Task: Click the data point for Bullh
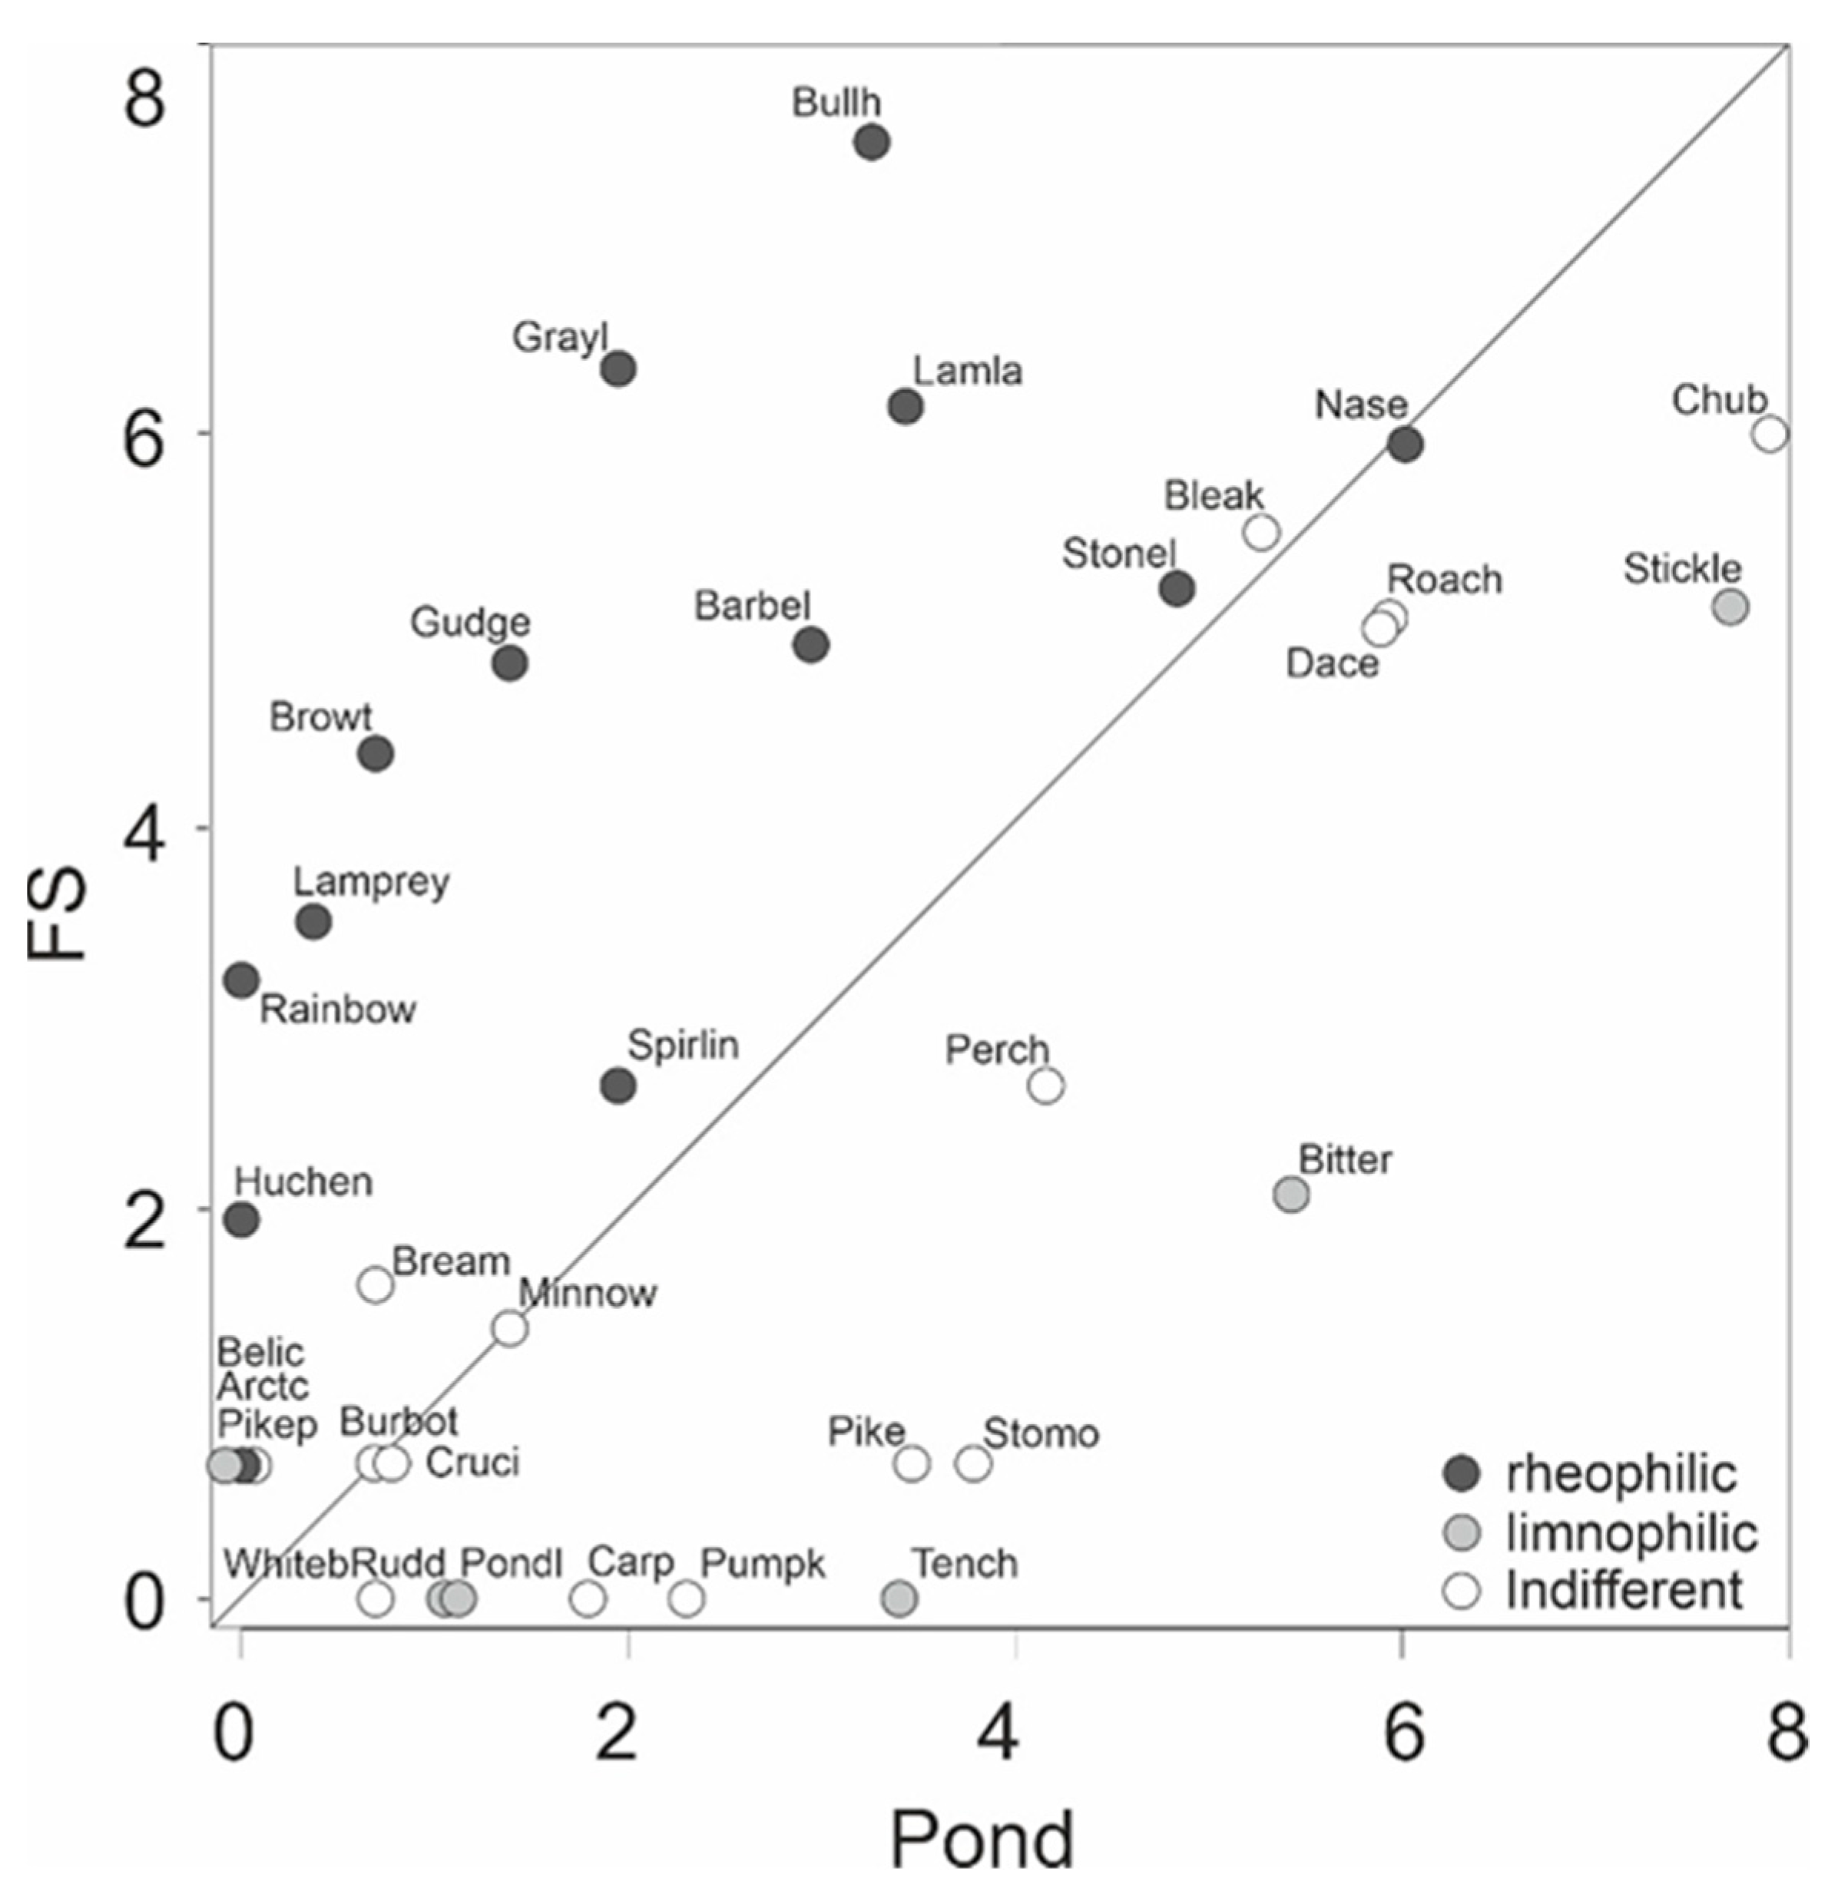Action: [x=872, y=143]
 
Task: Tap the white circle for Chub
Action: [x=1770, y=434]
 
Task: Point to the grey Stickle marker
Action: [x=1730, y=607]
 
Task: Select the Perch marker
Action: [x=1045, y=1086]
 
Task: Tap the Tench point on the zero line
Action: [x=899, y=1598]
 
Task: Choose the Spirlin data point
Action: [x=618, y=1086]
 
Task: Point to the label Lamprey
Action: [x=371, y=882]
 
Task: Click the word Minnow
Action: [x=588, y=1294]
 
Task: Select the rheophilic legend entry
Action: [x=1619, y=1475]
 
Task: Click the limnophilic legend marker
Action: [x=1462, y=1534]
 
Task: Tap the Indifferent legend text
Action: [x=1624, y=1592]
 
